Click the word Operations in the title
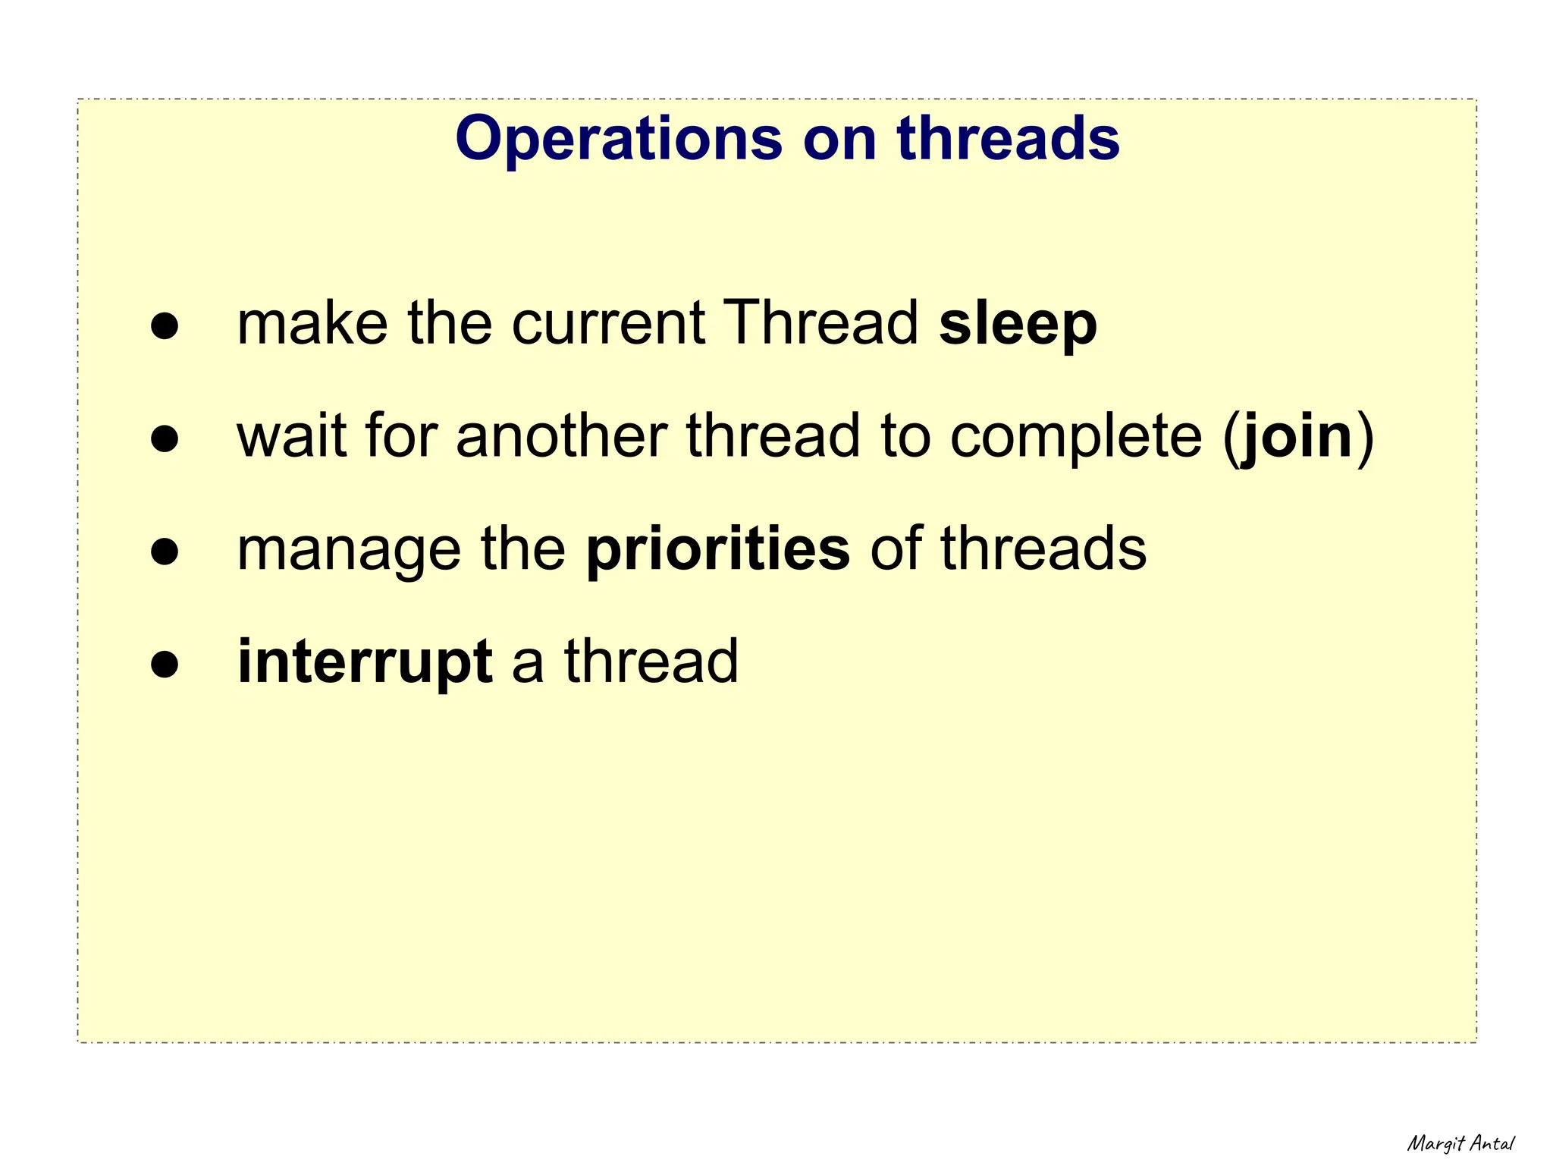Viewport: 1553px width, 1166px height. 618,139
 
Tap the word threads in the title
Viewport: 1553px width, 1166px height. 1008,139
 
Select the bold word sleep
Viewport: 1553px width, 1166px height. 1018,324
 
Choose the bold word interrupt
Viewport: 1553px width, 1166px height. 365,662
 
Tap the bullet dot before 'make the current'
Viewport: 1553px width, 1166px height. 165,326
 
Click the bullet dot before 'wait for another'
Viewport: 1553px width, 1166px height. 165,438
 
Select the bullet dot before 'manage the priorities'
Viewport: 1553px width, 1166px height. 165,552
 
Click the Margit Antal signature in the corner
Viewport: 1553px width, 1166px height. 1460,1143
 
